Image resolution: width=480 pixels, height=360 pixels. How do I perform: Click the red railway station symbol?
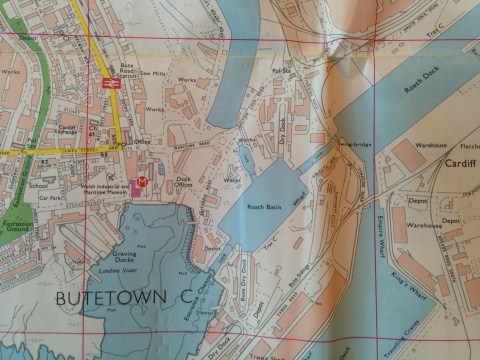[x=110, y=85]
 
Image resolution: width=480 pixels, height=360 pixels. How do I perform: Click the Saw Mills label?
[x=153, y=73]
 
